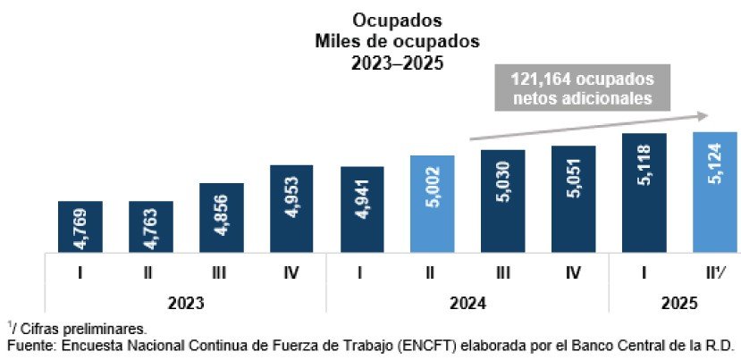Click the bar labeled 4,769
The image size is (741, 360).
click(x=80, y=226)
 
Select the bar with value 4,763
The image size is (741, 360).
click(x=150, y=226)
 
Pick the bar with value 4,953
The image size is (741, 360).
click(x=291, y=208)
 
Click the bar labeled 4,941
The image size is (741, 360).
click(x=362, y=209)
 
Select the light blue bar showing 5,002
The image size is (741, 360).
click(x=433, y=204)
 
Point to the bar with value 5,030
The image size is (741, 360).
click(x=503, y=201)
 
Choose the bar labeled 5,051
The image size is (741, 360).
click(x=573, y=198)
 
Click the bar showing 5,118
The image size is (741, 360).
click(x=644, y=192)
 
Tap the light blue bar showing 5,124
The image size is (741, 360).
click(x=714, y=191)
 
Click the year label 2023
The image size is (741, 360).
click(x=185, y=303)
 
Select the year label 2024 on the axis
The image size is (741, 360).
click(x=467, y=303)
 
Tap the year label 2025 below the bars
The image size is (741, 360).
click(x=678, y=303)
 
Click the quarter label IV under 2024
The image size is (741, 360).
click(x=573, y=274)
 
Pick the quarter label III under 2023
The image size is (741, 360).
click(x=221, y=274)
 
